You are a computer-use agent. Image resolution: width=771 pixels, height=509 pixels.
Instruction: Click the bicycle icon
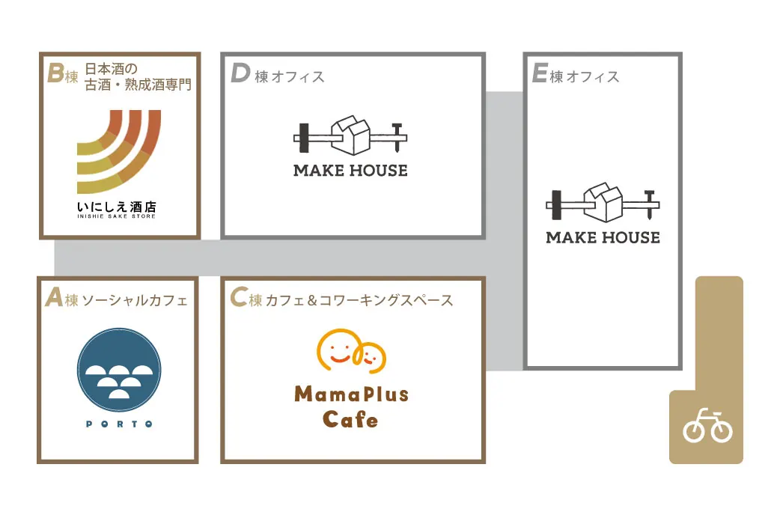tap(707, 425)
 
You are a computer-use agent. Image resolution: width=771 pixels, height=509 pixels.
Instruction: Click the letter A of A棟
tap(54, 297)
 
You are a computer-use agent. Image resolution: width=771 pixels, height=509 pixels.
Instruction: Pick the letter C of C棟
tap(239, 297)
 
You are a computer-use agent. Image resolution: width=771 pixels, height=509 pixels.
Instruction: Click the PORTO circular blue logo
tap(119, 370)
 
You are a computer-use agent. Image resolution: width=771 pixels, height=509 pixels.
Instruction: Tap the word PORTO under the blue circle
tap(119, 424)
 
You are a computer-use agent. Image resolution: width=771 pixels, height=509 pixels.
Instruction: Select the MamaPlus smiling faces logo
tap(351, 350)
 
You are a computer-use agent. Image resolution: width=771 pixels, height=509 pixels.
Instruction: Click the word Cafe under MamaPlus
tap(350, 419)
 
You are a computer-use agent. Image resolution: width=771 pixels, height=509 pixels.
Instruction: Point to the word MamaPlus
tap(352, 394)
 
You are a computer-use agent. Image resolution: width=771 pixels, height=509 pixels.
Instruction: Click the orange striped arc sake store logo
tap(119, 151)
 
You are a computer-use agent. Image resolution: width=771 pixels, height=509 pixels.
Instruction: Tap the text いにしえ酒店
tap(117, 207)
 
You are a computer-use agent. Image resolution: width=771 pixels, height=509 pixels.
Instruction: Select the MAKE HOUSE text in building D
tap(350, 171)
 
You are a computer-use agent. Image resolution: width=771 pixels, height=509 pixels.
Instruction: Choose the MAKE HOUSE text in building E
tap(603, 237)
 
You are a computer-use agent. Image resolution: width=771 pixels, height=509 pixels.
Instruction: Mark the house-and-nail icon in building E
tap(603, 202)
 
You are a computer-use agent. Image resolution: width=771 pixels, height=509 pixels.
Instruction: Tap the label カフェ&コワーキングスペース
tap(359, 300)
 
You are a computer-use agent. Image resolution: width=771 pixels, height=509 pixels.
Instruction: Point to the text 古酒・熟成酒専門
tap(138, 85)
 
